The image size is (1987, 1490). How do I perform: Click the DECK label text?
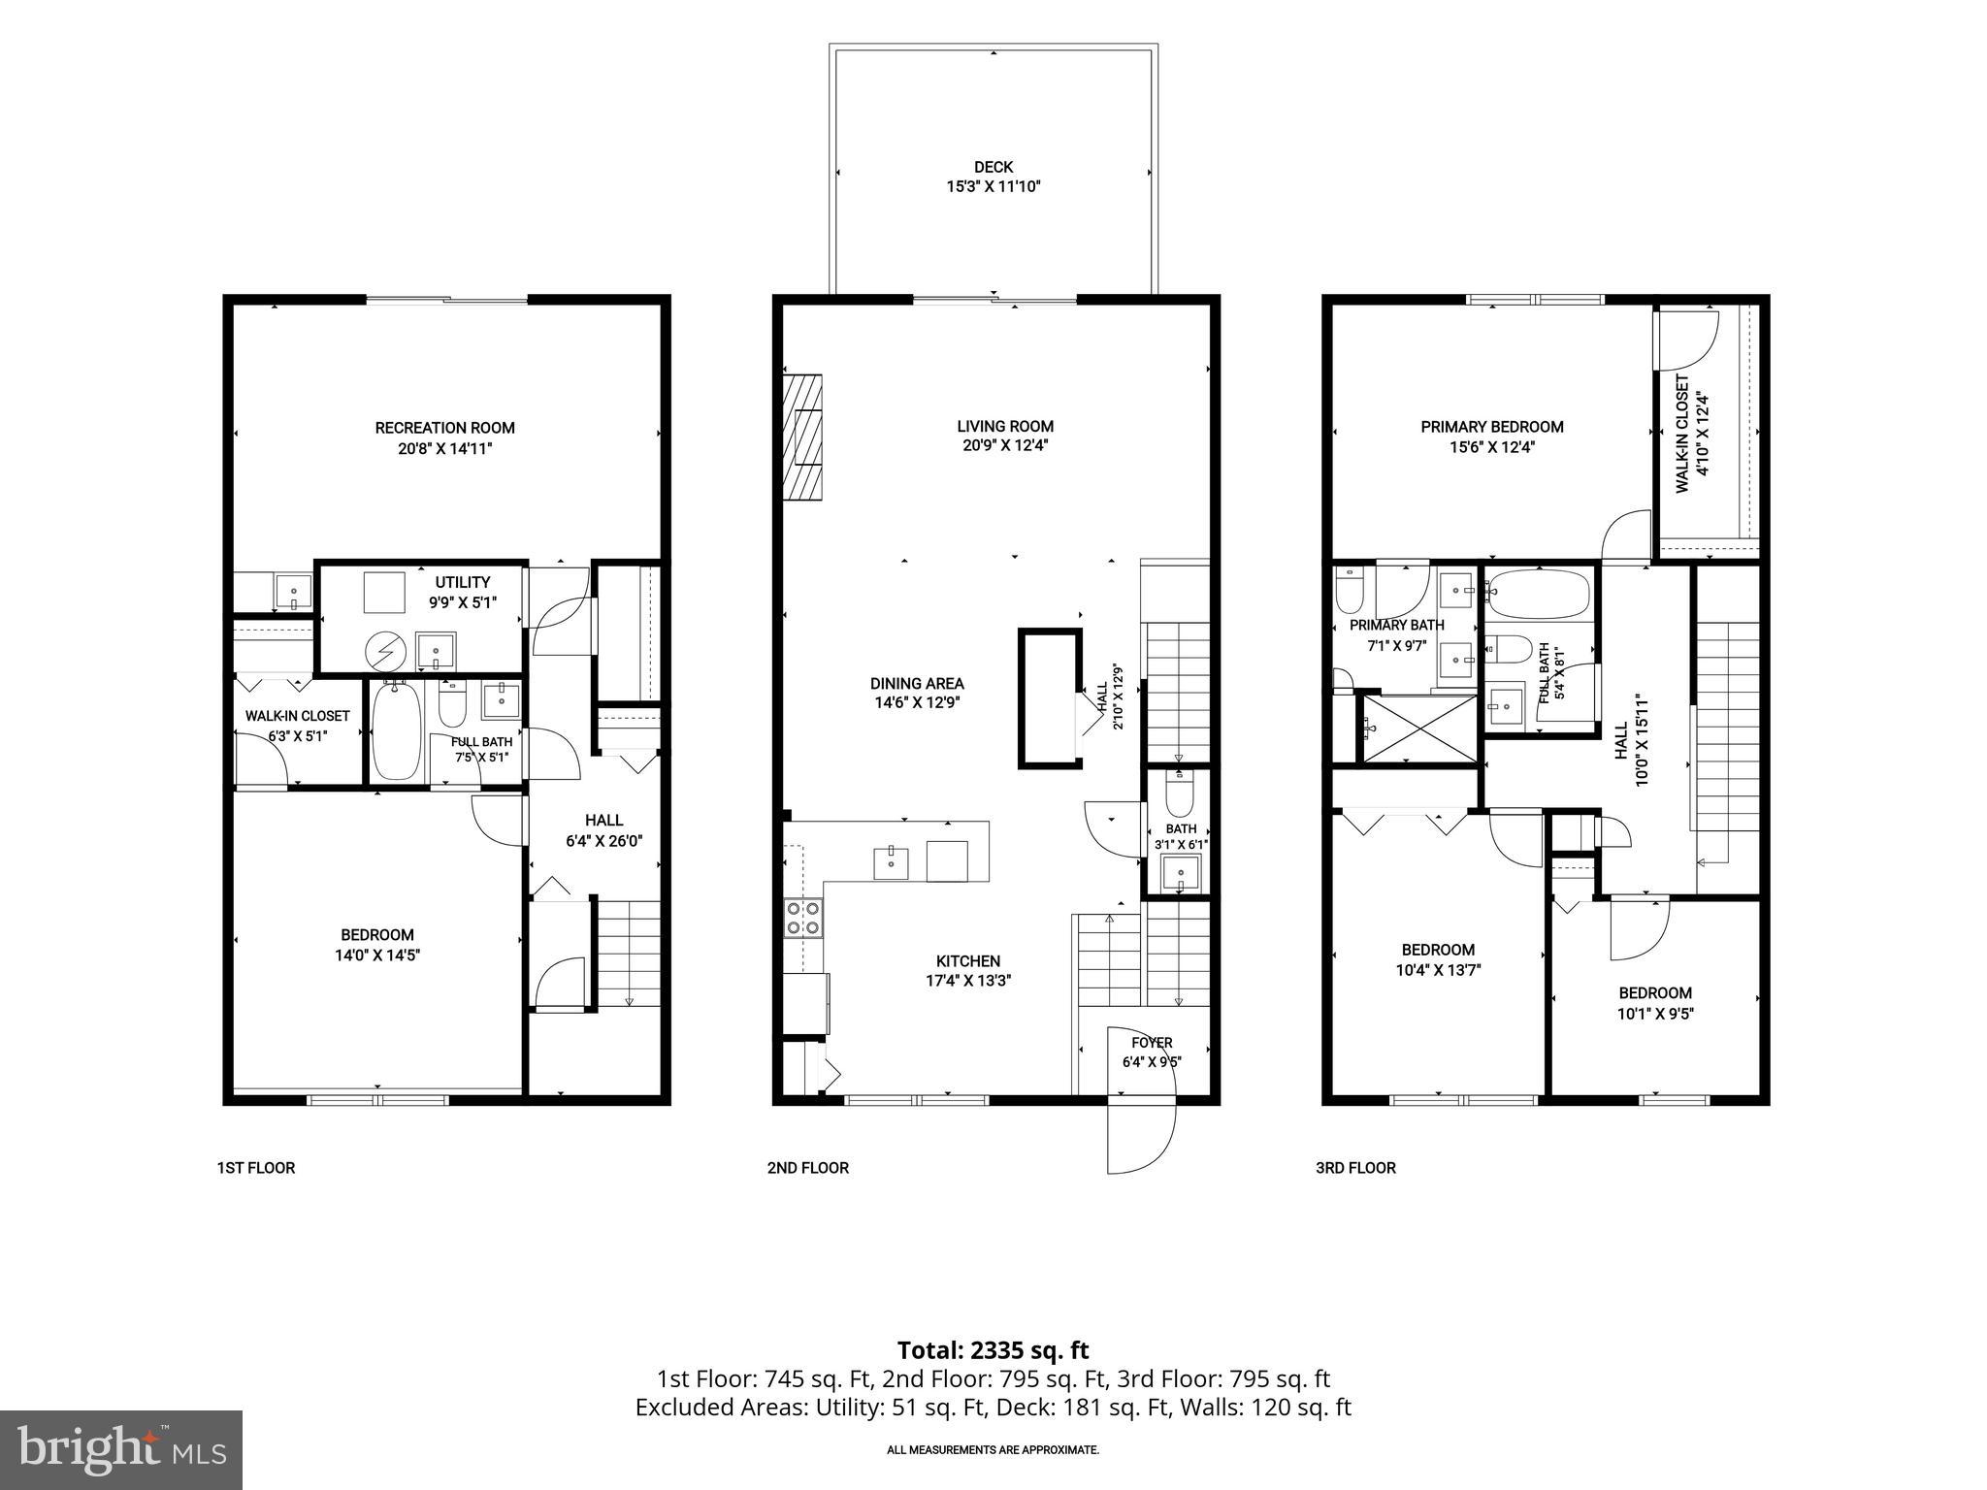(x=993, y=168)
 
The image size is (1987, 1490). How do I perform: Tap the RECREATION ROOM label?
(x=445, y=428)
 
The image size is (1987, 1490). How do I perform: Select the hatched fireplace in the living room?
(x=803, y=437)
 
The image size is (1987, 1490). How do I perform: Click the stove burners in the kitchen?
(x=803, y=918)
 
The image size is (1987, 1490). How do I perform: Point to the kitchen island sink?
(x=891, y=862)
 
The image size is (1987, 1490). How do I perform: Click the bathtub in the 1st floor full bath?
(x=395, y=730)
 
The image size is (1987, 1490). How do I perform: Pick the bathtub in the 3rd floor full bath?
(x=1539, y=595)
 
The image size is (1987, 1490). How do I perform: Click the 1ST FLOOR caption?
(x=256, y=1168)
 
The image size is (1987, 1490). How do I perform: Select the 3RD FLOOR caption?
(x=1355, y=1168)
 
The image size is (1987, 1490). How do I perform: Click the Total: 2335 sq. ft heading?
(x=993, y=1350)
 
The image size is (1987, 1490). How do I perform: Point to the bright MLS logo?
(x=121, y=1450)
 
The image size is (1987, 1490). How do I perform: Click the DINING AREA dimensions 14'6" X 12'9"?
(x=917, y=703)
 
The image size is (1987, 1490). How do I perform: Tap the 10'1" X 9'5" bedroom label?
(x=1655, y=1014)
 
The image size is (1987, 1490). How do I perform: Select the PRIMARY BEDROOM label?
(x=1492, y=427)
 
